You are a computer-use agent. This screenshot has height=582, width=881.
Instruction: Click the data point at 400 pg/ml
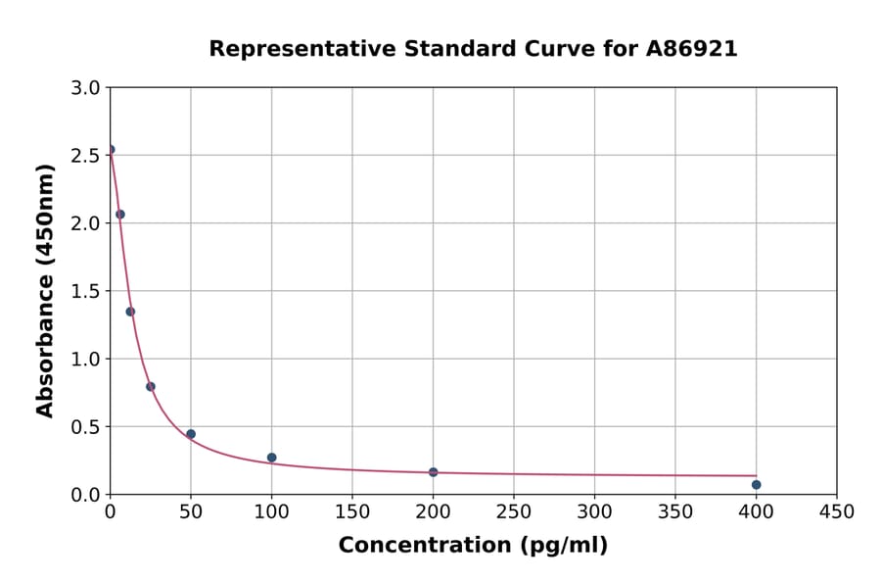(756, 484)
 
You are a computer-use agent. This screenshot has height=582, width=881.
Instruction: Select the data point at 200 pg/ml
(433, 472)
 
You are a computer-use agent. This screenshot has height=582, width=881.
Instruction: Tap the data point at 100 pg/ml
(271, 458)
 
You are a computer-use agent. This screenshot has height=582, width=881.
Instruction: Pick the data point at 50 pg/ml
(191, 434)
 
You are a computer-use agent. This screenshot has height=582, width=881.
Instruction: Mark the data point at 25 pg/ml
(151, 386)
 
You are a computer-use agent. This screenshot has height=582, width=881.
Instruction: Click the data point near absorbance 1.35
(130, 312)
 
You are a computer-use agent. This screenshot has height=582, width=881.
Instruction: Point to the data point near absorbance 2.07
(120, 214)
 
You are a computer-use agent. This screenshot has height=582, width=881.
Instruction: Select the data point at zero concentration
(111, 150)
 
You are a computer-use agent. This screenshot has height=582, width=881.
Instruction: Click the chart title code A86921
(692, 49)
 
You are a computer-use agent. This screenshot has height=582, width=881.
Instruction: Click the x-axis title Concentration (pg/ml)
(473, 546)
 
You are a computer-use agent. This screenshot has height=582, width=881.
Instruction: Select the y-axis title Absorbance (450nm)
(45, 290)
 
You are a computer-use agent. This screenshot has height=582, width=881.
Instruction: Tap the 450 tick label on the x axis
(836, 511)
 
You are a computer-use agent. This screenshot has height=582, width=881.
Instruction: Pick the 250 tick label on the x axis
(513, 511)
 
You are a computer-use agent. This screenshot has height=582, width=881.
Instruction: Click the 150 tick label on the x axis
(351, 511)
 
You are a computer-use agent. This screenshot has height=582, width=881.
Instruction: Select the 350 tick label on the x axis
(674, 511)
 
